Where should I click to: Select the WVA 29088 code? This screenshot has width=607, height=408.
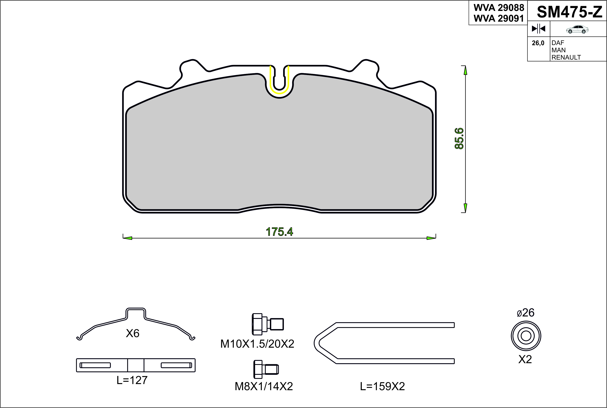click(499, 8)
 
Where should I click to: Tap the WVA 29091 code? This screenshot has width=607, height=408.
click(499, 18)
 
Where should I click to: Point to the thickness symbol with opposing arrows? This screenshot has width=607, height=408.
click(538, 29)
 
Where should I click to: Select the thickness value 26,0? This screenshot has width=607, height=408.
click(538, 43)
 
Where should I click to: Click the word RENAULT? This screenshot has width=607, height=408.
click(566, 57)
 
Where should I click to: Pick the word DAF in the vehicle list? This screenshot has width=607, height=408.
click(558, 43)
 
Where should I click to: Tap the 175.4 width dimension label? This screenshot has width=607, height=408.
click(279, 232)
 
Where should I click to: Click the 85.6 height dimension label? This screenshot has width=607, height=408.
click(459, 138)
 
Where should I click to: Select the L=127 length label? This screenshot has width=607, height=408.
click(132, 380)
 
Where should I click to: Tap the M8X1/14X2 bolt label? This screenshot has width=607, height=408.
click(264, 386)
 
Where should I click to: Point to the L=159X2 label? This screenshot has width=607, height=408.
click(382, 386)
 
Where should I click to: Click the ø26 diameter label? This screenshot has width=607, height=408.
click(526, 312)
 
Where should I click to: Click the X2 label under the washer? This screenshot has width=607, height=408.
click(525, 359)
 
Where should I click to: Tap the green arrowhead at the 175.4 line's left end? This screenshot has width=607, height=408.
click(128, 238)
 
